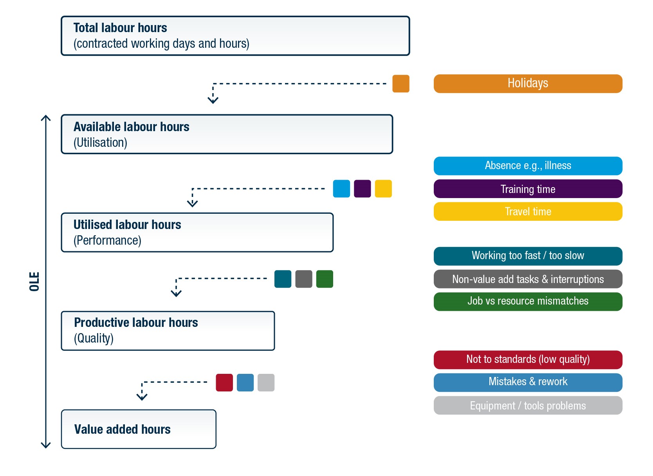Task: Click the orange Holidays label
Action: point(528,84)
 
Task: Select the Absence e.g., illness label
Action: point(528,166)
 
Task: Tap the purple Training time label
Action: point(528,189)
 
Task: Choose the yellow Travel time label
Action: point(528,212)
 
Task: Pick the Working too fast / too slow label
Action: point(528,256)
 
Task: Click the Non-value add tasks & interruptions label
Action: point(528,279)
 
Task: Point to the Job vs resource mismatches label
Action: point(528,302)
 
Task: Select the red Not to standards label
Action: point(528,360)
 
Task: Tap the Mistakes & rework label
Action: point(528,382)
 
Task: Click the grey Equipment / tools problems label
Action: point(528,406)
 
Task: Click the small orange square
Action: point(401,84)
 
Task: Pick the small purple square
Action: point(363,189)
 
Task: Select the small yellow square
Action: point(383,189)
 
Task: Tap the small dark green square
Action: point(325,279)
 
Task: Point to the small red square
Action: point(224,382)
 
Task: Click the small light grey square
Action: point(266,382)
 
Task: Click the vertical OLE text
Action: point(34,281)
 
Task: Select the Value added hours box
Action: point(139,429)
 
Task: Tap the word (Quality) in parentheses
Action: point(94,339)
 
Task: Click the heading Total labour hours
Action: point(120,28)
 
